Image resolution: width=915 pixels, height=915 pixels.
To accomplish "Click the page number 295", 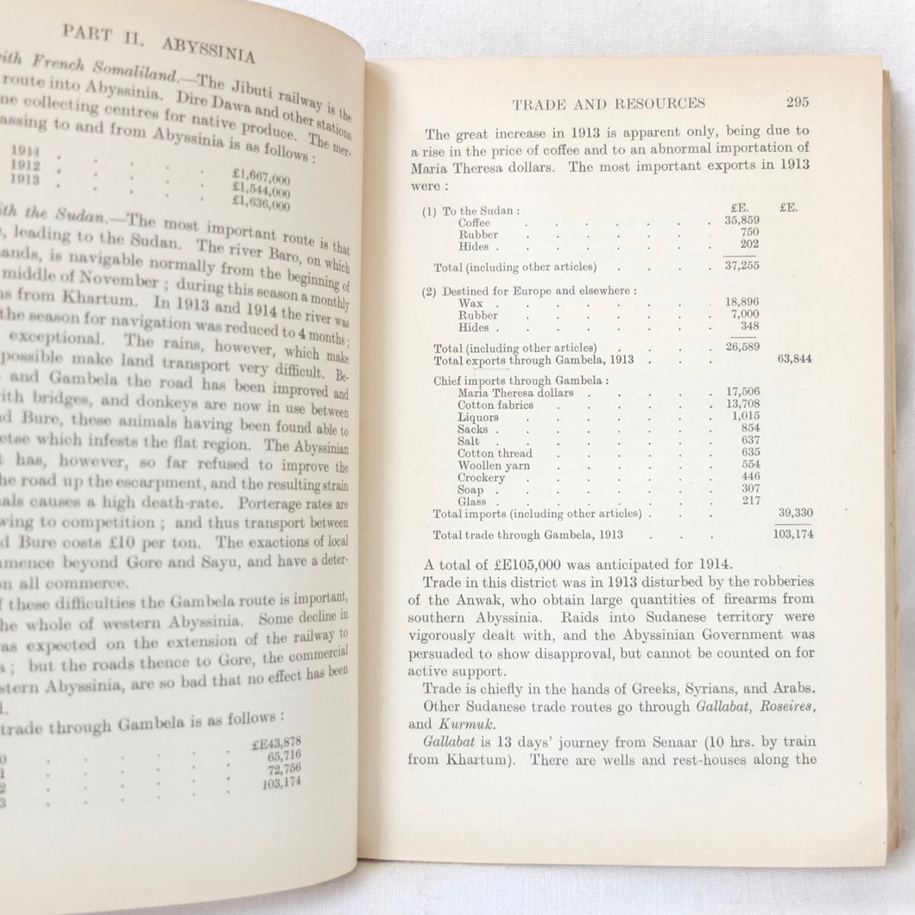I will pos(797,103).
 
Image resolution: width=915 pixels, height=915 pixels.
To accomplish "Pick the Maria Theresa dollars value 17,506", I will pos(742,393).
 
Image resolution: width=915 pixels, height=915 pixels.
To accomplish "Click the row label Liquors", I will pos(478,417).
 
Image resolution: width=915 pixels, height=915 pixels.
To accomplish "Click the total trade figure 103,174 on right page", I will pos(792,533).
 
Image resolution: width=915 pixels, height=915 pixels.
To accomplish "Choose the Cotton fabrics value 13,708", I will pos(742,405).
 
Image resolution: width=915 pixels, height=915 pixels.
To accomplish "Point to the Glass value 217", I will pos(750,501).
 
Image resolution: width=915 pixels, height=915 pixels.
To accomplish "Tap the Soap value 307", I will pos(750,489).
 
